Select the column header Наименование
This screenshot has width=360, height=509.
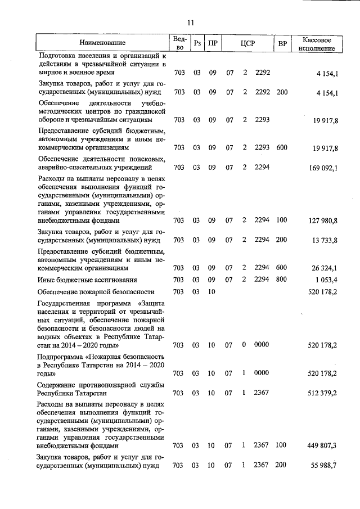click(x=102, y=43)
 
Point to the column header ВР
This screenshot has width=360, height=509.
click(x=282, y=43)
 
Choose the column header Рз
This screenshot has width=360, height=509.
click(x=197, y=43)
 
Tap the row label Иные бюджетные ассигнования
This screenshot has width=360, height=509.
click(x=87, y=280)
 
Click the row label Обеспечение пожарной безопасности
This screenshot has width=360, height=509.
click(x=96, y=292)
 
